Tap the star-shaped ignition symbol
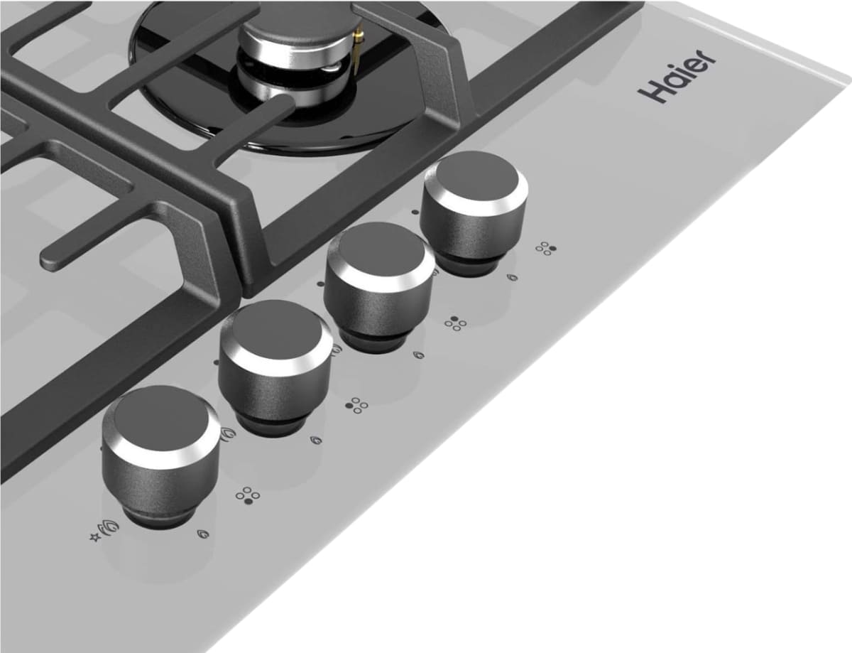(94, 537)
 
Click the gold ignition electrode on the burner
(356, 51)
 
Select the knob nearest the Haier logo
(474, 212)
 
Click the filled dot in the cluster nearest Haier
(552, 248)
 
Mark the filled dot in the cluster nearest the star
(248, 501)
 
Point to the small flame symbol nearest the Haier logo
(512, 277)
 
